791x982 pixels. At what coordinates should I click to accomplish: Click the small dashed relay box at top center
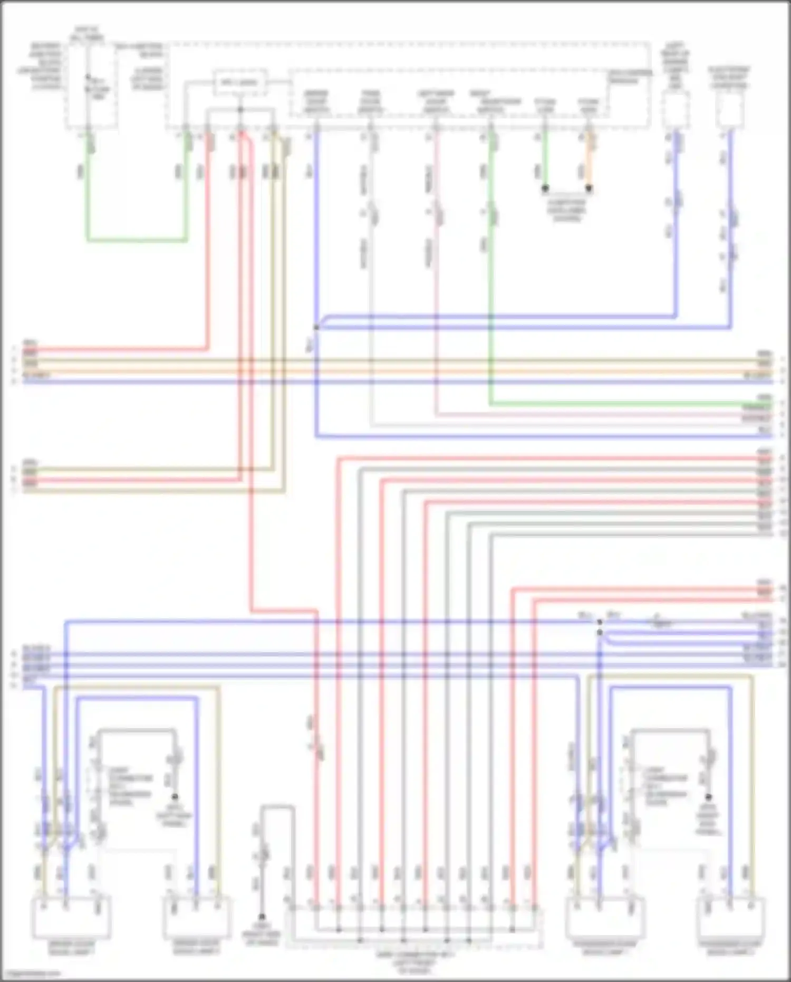[x=240, y=83]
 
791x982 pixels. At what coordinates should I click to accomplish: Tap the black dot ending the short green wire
[x=545, y=188]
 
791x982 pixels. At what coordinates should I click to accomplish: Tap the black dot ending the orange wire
[x=589, y=188]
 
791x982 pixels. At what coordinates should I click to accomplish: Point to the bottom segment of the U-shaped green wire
[x=137, y=241]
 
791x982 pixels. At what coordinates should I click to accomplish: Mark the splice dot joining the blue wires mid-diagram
[x=316, y=328]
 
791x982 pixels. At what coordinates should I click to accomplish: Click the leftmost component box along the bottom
[x=71, y=918]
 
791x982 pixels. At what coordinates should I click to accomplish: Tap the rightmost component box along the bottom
[x=730, y=918]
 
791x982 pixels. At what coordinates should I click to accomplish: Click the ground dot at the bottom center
[x=262, y=917]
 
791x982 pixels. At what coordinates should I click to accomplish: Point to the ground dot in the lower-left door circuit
[x=175, y=797]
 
